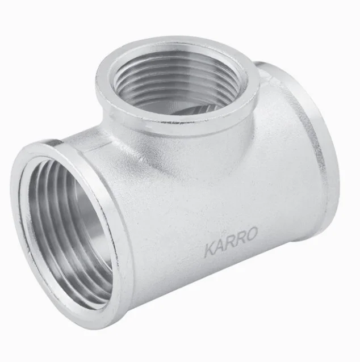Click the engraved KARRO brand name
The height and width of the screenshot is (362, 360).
click(231, 242)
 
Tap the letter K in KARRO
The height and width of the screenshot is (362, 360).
click(211, 250)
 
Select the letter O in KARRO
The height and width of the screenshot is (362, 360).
click(252, 234)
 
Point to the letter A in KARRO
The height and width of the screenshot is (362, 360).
click(220, 246)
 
